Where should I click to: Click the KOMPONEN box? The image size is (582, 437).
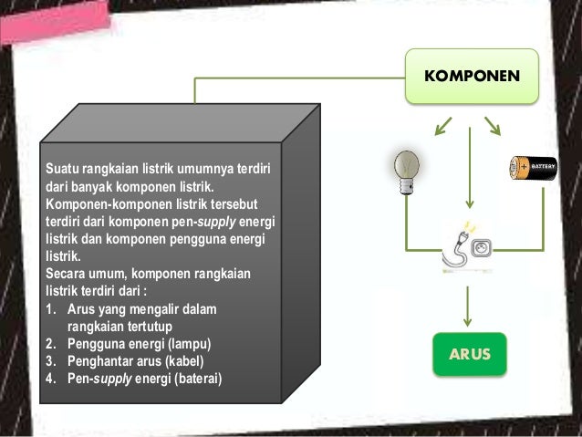[472, 74]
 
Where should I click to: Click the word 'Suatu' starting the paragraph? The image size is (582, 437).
[63, 169]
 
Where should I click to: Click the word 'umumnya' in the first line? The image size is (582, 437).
[201, 169]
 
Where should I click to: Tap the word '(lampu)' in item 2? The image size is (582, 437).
[186, 344]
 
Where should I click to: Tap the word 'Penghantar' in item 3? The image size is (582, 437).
[99, 361]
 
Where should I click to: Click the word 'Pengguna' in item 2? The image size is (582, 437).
[95, 344]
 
